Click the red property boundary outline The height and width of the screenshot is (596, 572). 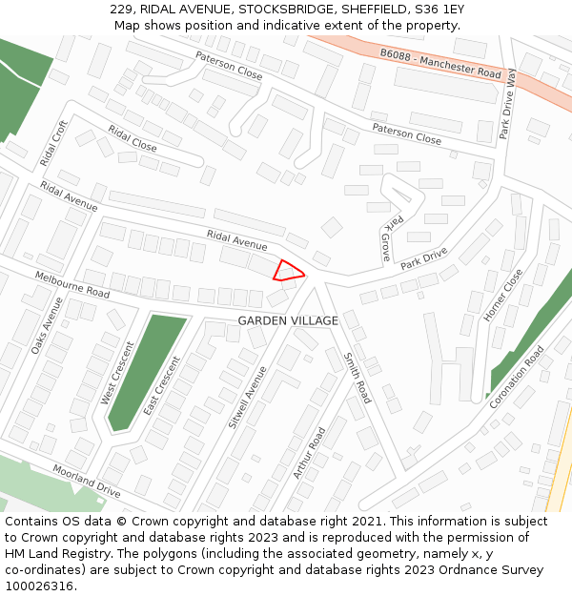[288, 271]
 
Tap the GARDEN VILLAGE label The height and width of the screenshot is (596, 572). [288, 321]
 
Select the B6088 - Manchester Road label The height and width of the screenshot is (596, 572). [440, 65]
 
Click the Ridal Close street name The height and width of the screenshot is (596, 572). [133, 139]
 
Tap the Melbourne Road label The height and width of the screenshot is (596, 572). [72, 283]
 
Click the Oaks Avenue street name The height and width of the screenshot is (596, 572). [46, 325]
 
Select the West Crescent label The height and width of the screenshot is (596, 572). [118, 373]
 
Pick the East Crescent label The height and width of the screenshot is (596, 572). [161, 386]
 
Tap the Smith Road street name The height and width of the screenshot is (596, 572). [357, 377]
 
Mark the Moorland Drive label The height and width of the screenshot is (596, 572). [87, 483]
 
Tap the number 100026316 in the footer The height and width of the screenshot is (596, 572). [39, 586]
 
